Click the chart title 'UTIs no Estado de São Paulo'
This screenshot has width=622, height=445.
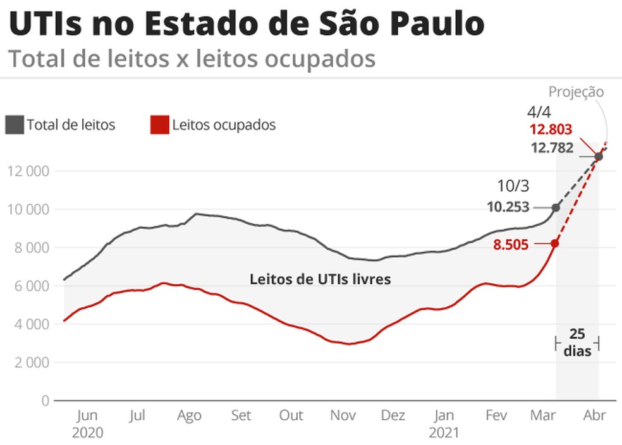(x=247, y=24)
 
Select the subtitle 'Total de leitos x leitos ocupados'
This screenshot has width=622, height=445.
(x=192, y=59)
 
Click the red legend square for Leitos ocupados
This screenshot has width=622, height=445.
(x=159, y=125)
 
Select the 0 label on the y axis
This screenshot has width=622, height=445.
(x=44, y=401)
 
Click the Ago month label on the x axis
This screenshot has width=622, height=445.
(x=189, y=415)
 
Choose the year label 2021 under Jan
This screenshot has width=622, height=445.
(x=444, y=434)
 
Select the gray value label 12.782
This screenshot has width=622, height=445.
(x=551, y=149)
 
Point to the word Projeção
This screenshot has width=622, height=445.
(x=576, y=92)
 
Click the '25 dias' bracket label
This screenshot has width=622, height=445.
(x=576, y=343)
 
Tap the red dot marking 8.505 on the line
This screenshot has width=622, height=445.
(x=555, y=243)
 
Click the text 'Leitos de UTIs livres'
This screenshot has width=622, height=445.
(x=320, y=279)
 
